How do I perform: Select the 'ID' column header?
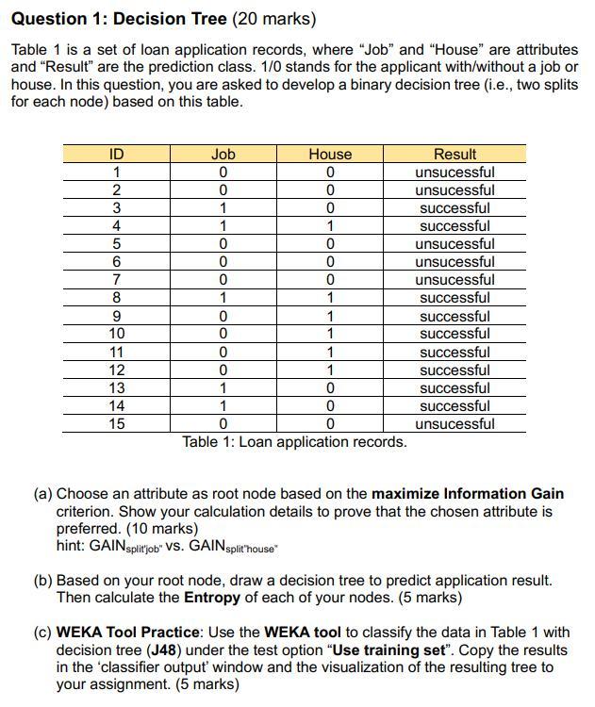pos(116,155)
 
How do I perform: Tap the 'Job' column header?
pos(223,155)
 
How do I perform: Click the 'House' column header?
pos(330,155)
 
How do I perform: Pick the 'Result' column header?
pos(455,155)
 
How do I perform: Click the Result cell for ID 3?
pos(455,208)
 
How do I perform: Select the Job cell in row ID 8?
pos(223,298)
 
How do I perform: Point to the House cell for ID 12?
pos(330,370)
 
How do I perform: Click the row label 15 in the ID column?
pos(116,424)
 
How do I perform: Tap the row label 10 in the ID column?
pos(116,334)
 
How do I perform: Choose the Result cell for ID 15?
pos(455,424)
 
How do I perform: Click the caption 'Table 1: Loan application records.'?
pos(294,442)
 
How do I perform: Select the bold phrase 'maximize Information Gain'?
pos(468,494)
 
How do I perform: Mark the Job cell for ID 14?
pos(223,406)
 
